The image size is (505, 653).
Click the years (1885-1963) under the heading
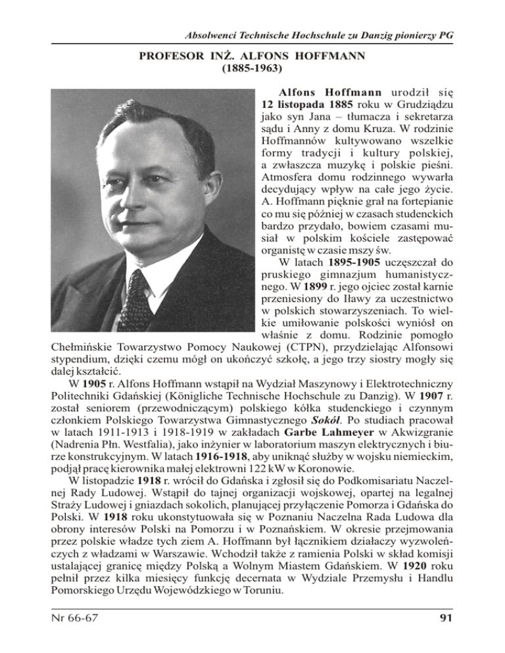point(252,68)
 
